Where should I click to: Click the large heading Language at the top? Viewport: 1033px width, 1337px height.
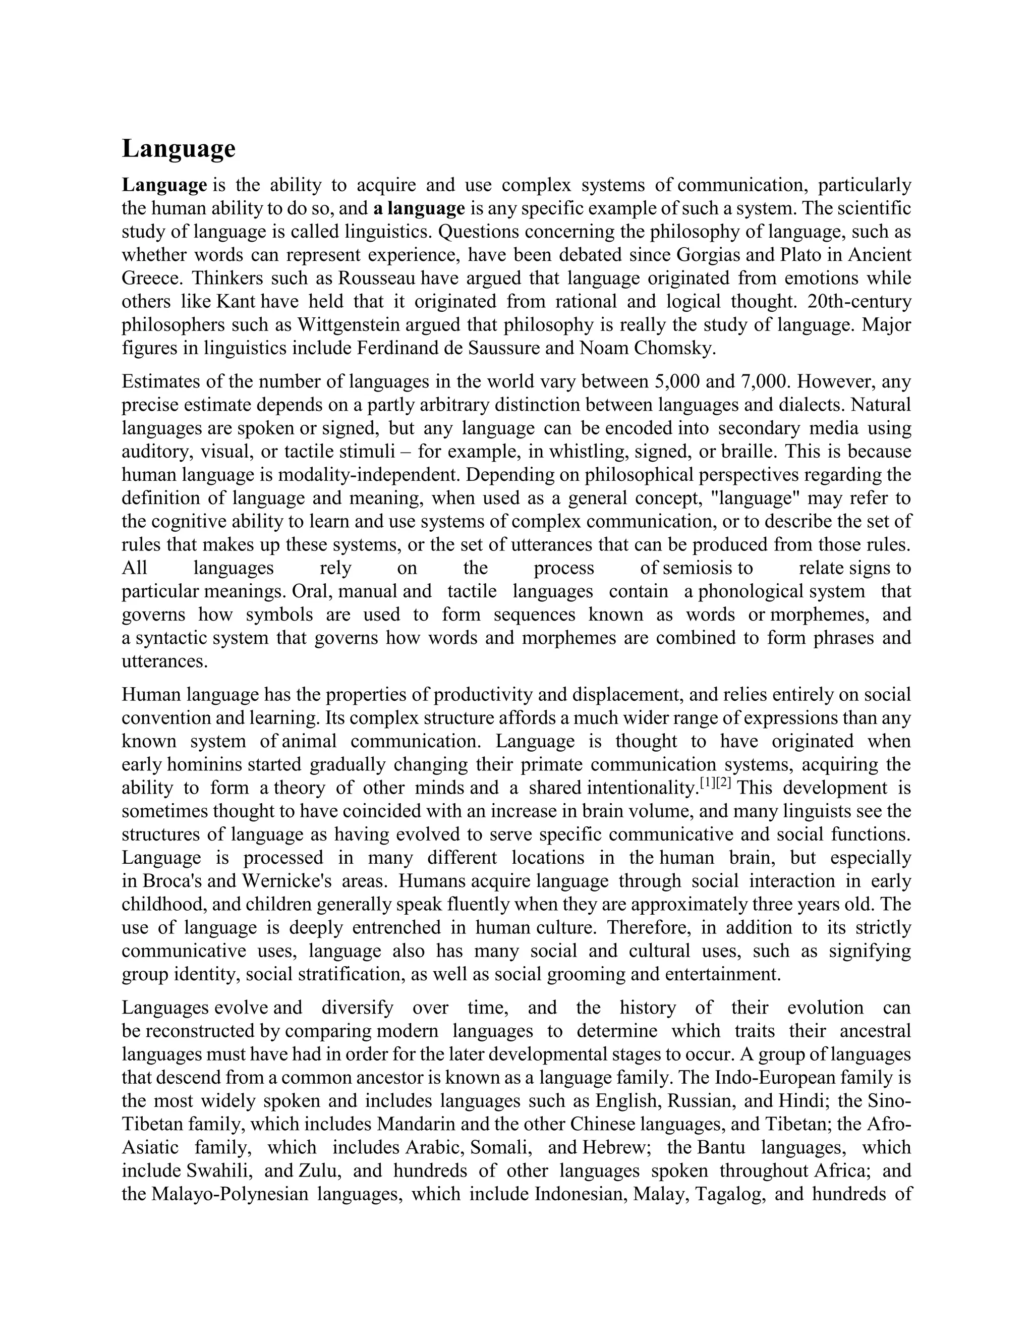pyautogui.click(x=178, y=149)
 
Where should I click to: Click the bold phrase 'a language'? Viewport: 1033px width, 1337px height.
pyautogui.click(x=419, y=209)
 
